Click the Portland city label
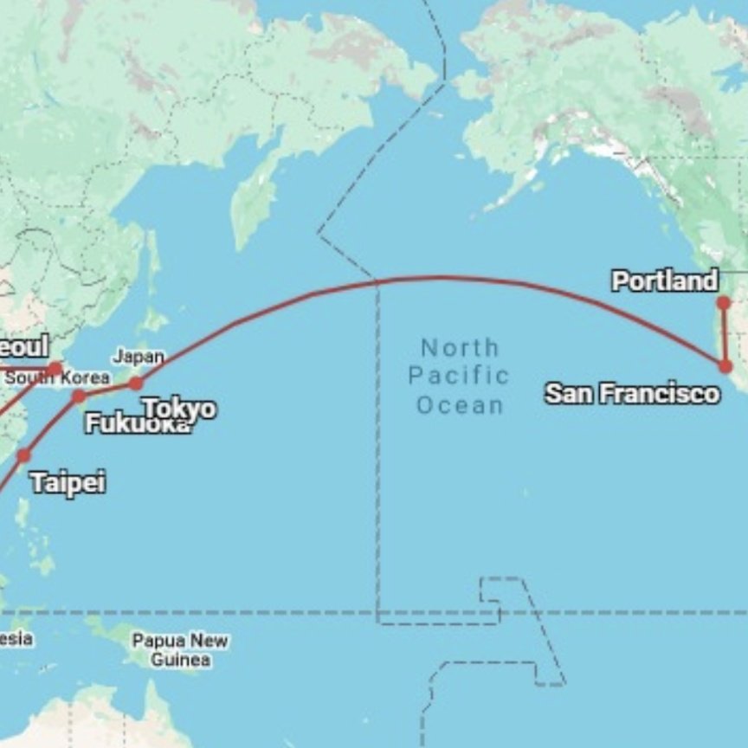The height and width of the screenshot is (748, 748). tap(664, 281)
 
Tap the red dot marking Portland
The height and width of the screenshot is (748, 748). tap(724, 303)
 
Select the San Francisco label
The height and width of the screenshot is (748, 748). tap(632, 394)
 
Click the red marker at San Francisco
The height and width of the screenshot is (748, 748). tap(725, 366)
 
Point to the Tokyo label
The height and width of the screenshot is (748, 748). tap(180, 408)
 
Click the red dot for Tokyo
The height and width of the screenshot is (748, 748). tap(135, 384)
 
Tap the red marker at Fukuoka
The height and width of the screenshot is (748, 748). tap(79, 397)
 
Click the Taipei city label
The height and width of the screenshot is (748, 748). tap(68, 482)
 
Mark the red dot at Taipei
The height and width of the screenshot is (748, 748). tap(23, 455)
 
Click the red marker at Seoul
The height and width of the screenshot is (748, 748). tap(55, 370)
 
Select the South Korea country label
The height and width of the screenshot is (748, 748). tap(57, 378)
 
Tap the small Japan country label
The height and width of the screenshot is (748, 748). tap(139, 357)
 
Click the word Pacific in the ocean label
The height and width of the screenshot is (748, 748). tap(459, 377)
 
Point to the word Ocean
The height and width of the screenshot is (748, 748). tap(460, 405)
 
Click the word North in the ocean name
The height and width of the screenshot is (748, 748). tap(460, 348)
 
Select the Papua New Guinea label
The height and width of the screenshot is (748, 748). tap(180, 650)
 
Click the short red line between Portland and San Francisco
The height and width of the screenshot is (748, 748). tap(725, 335)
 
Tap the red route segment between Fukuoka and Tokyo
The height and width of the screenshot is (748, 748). tap(107, 390)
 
